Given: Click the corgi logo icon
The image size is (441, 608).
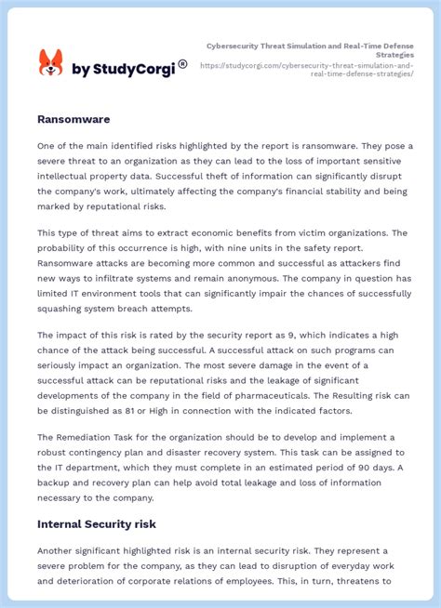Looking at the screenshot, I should click(50, 64).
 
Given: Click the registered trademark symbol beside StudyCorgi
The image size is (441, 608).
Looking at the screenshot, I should click(182, 64).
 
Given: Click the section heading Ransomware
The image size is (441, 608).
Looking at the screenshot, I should click(73, 120).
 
